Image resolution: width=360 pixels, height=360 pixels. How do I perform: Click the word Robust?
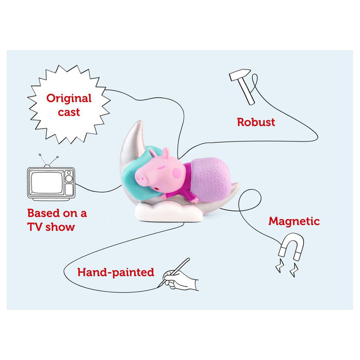click(256, 122)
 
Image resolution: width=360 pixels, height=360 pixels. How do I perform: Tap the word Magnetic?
click(294, 221)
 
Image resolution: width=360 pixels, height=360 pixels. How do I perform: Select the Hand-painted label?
click(116, 273)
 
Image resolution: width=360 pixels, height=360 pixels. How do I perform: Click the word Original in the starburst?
click(69, 99)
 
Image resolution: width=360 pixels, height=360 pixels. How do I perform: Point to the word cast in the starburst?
click(69, 112)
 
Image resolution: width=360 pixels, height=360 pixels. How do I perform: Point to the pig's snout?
click(139, 178)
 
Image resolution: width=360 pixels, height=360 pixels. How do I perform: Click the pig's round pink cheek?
click(177, 173)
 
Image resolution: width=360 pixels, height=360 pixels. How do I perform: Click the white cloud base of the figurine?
click(169, 212)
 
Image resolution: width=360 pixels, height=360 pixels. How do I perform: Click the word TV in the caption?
click(34, 227)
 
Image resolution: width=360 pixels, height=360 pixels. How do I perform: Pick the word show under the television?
click(60, 227)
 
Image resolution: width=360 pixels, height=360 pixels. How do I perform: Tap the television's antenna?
click(48, 159)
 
